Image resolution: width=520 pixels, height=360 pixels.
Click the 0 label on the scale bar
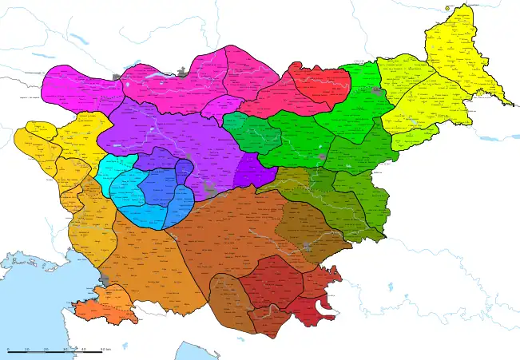coord(8,349)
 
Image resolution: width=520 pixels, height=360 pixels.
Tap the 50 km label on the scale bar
coord(105,349)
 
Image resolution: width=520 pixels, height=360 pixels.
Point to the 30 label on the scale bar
coord(65,349)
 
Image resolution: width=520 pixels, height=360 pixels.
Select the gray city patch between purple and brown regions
coord(211,190)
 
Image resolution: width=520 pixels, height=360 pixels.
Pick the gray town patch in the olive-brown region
coord(308,247)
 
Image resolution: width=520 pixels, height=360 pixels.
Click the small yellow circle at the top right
coord(448,9)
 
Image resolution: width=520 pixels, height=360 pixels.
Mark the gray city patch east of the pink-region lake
coord(185,74)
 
